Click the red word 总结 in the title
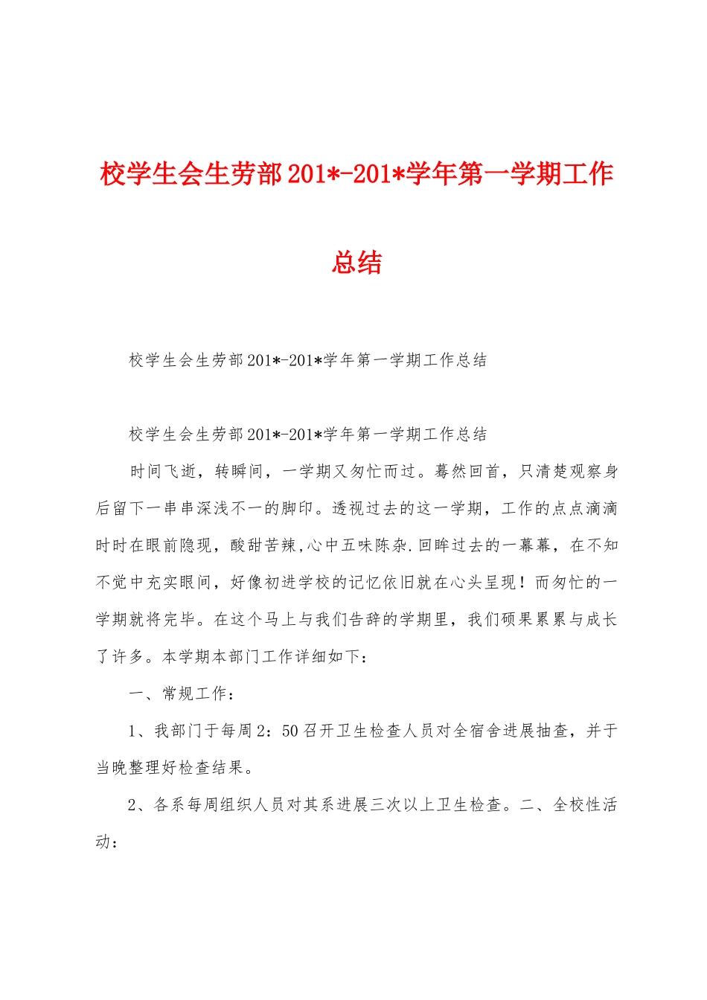point(356,263)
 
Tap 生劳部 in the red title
point(243,174)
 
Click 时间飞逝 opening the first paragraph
point(163,471)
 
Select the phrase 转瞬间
point(239,471)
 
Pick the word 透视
point(348,508)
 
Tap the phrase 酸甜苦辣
point(263,545)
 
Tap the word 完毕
point(181,620)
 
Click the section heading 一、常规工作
point(179,693)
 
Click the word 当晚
point(112,768)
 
